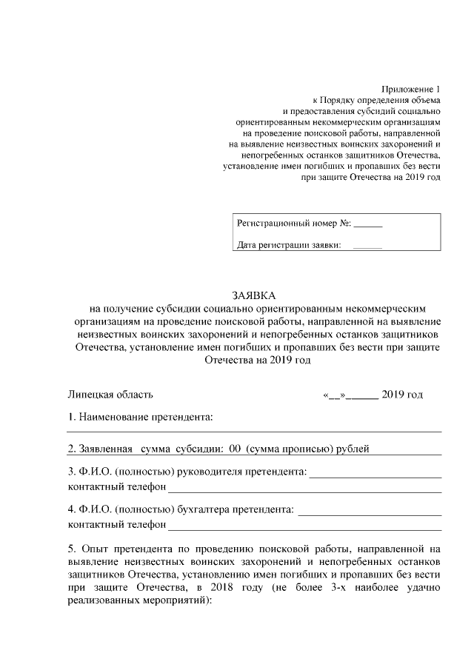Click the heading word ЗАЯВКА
(x=253, y=295)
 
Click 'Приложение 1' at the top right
(x=410, y=89)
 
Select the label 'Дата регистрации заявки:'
(x=288, y=246)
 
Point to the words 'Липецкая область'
(x=110, y=395)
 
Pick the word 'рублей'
(x=353, y=449)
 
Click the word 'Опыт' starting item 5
(x=97, y=549)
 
